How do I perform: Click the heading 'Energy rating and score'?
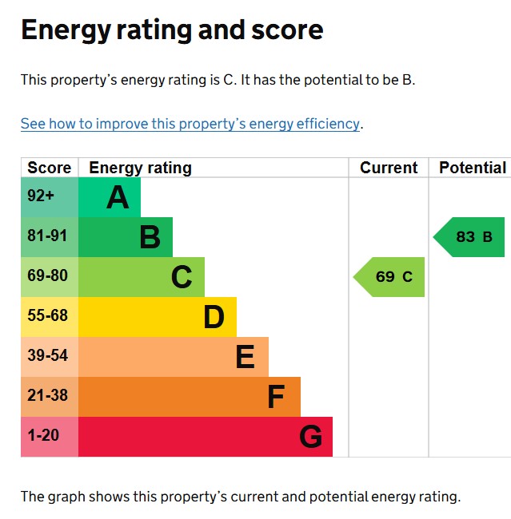[x=172, y=30]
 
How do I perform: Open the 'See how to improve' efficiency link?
[x=190, y=124]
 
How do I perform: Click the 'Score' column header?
[x=49, y=168]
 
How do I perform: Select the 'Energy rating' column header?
[x=140, y=168]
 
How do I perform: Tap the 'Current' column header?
[x=389, y=168]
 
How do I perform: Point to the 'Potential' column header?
[x=472, y=168]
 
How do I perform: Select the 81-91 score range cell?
[x=49, y=236]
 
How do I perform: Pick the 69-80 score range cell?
[x=49, y=276]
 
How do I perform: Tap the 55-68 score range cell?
[x=49, y=316]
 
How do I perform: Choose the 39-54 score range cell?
[x=49, y=356]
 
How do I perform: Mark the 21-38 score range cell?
[x=49, y=396]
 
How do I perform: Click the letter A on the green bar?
[x=118, y=197]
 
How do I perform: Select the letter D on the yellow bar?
[x=214, y=317]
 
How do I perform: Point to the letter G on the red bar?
[x=310, y=437]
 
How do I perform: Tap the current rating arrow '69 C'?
[x=391, y=277]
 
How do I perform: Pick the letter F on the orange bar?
[x=275, y=397]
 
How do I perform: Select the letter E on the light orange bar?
[x=245, y=357]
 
